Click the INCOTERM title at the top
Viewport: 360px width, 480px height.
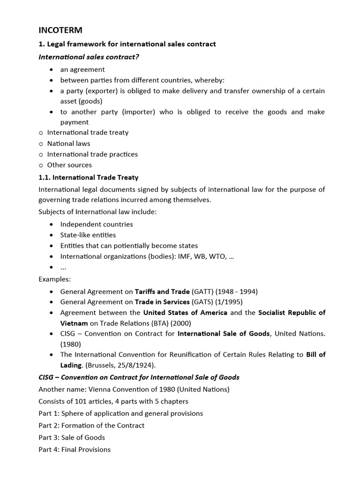tap(60, 30)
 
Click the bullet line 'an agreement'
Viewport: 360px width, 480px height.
tap(82, 69)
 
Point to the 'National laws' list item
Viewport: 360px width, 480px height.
tap(68, 143)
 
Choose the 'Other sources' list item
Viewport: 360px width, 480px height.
tap(69, 165)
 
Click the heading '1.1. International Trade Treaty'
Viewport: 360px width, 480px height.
tap(89, 178)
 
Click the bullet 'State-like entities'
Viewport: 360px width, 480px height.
tap(88, 235)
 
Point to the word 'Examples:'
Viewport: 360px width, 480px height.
tap(54, 279)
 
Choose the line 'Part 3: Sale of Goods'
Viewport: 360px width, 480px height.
tap(72, 437)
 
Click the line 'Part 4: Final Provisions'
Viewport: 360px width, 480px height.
tap(75, 450)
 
